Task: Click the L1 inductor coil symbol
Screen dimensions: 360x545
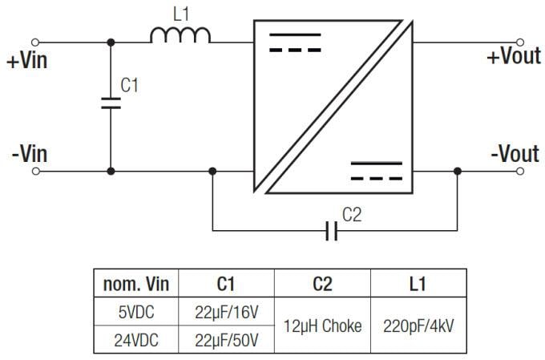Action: coord(181,34)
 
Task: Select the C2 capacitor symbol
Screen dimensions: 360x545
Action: coord(332,232)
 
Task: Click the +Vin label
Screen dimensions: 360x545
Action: coord(28,62)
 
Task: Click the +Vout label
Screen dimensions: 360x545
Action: coord(513,59)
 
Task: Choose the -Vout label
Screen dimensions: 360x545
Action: coord(514,153)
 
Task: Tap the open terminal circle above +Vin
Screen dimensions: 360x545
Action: coord(35,42)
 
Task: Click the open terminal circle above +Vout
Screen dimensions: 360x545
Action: coord(521,42)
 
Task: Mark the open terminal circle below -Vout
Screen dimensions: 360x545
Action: coord(521,171)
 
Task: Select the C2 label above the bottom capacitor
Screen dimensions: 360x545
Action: coord(352,215)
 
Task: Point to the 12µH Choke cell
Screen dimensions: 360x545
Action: coord(322,326)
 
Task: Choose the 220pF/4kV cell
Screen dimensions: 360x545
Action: coord(418,326)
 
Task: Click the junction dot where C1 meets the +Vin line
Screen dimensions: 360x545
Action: coord(111,42)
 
